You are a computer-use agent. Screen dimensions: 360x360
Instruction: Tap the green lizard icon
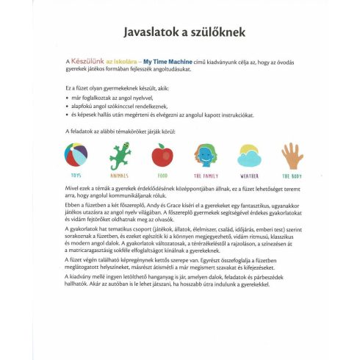click(120, 156)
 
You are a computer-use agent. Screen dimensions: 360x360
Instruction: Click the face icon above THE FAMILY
click(205, 156)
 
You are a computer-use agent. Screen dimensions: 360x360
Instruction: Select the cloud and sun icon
click(249, 156)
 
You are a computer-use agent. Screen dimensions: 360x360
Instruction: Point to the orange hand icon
click(292, 156)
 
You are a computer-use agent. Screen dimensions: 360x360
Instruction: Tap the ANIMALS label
click(120, 176)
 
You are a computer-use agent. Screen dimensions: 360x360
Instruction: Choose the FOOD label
click(162, 176)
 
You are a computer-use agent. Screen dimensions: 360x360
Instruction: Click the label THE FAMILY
click(205, 176)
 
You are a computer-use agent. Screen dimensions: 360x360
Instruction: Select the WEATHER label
click(249, 176)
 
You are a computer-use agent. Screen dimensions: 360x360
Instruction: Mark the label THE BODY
click(292, 176)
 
